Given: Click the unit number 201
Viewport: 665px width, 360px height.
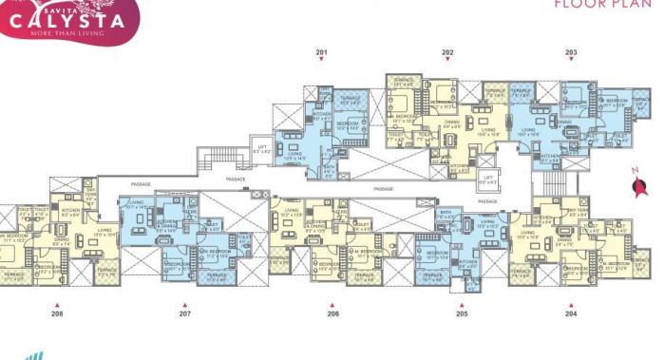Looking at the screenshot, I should coord(321,51).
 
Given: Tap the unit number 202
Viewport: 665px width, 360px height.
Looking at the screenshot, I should coord(446,51).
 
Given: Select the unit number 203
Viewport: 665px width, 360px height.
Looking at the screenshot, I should coord(571,51).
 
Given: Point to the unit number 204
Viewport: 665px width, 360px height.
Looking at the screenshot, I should coord(571,313).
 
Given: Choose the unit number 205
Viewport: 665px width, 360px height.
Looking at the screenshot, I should coord(462,313).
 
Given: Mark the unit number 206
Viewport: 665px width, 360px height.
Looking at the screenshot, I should coord(332,313).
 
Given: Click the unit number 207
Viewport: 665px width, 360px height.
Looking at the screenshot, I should coord(185,313).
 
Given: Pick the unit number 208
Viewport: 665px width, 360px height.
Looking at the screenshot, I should coord(57,313).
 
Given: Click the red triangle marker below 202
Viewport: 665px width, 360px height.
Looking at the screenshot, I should coord(446,60).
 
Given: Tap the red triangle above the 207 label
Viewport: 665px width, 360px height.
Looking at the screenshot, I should coord(185,304).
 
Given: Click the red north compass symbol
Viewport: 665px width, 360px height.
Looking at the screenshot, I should coord(638,187).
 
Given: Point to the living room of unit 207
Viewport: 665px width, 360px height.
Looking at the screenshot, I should coord(136,206).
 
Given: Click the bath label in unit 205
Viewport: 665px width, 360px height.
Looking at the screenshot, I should coord(445,214).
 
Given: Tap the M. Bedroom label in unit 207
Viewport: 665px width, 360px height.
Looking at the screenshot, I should coord(216,253).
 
